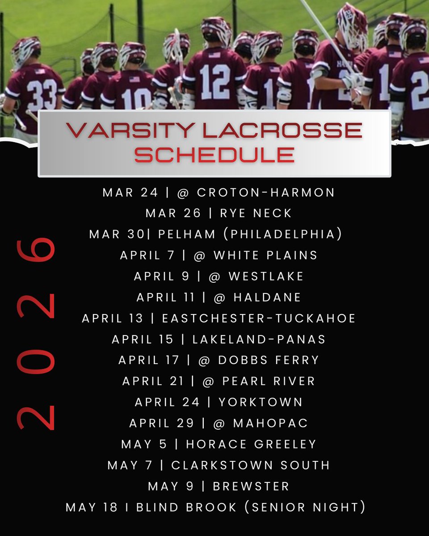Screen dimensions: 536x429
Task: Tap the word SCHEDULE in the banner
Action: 214,155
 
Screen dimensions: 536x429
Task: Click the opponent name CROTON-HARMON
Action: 265,193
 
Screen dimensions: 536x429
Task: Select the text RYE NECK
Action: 256,214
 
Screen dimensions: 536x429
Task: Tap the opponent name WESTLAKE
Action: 266,276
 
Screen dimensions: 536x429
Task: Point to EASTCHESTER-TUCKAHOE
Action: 259,318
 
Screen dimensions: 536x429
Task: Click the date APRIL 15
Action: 143,339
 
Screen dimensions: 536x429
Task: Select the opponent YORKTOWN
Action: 261,402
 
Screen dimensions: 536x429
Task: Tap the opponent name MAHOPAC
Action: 270,423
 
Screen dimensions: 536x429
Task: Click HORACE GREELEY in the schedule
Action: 251,444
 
